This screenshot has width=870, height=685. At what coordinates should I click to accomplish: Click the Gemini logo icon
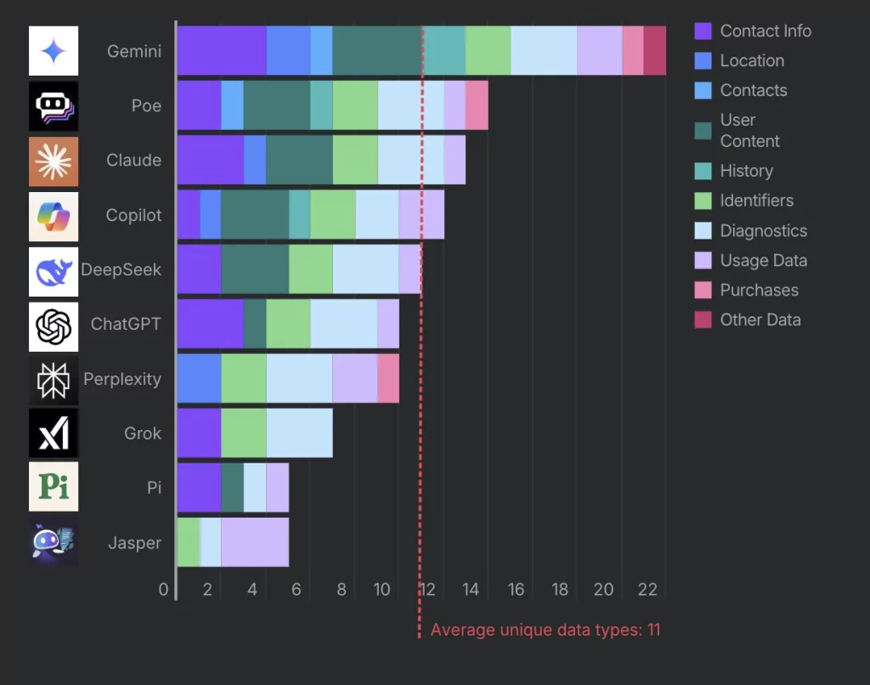(x=54, y=51)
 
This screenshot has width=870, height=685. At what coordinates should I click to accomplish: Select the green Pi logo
(x=54, y=487)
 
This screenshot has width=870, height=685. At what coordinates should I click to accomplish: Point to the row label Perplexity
(x=122, y=379)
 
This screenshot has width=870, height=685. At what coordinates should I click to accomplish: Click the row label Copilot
(x=133, y=215)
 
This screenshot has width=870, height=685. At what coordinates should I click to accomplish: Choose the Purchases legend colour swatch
(x=703, y=291)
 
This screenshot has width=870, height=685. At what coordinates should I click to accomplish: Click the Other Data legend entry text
(x=760, y=320)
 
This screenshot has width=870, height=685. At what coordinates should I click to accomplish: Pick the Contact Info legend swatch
(x=703, y=31)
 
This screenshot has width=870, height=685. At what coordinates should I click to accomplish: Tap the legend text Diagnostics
(x=764, y=231)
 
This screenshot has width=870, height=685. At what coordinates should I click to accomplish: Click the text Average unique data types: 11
(x=545, y=630)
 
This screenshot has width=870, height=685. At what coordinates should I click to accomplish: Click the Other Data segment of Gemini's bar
(x=654, y=51)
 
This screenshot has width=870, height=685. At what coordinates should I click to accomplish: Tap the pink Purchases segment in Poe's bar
(x=477, y=106)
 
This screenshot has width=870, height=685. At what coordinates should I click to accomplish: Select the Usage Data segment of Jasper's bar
(x=255, y=542)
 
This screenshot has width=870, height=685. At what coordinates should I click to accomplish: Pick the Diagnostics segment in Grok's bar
(x=299, y=433)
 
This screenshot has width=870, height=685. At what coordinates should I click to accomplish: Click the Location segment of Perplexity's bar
(x=199, y=378)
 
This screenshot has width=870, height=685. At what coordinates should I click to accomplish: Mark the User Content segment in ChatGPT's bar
(x=255, y=324)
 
